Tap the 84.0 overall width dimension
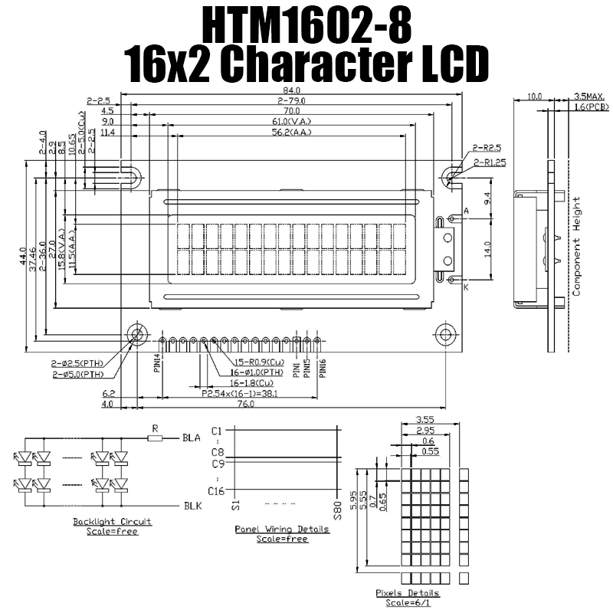click(x=293, y=91)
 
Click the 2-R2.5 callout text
click(x=487, y=146)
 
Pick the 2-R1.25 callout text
click(x=490, y=162)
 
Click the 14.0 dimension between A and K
click(x=488, y=249)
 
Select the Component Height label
click(x=578, y=247)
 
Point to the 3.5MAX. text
click(x=590, y=97)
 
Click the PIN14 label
click(x=156, y=362)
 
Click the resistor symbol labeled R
click(x=156, y=438)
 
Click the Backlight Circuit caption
click(x=112, y=522)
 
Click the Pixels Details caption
click(x=408, y=593)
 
